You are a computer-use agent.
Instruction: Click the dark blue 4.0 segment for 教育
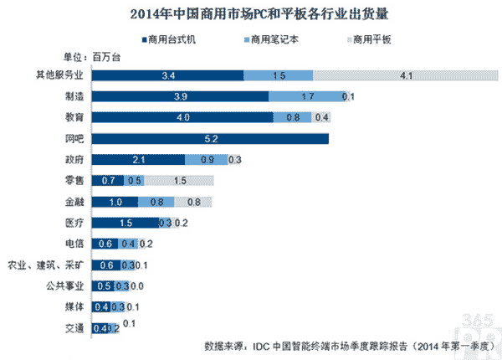point(182,117)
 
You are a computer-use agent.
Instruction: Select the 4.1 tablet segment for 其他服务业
point(382,75)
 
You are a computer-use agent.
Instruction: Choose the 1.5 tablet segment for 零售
point(180,180)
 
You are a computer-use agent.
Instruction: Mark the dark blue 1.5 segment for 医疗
point(125,223)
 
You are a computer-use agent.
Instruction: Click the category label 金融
point(74,202)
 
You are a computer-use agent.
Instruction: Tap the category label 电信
point(74,244)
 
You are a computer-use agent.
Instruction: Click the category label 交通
point(74,328)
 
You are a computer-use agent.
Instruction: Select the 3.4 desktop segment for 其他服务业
point(167,75)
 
